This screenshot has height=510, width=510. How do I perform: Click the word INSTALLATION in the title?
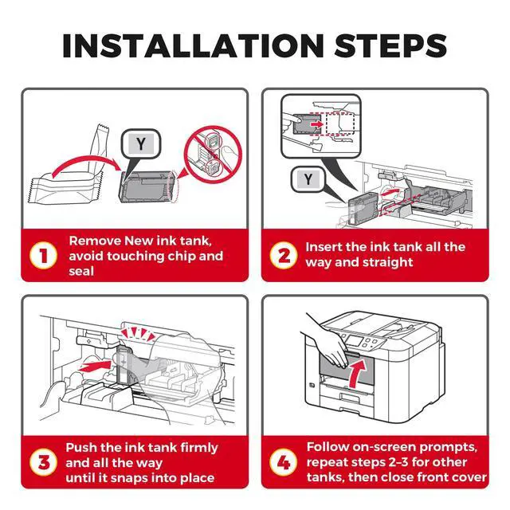193,45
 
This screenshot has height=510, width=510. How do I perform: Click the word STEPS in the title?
390,45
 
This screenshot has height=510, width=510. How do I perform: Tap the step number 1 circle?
43,255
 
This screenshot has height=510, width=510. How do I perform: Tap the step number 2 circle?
284,255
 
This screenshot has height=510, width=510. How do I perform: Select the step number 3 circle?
43,462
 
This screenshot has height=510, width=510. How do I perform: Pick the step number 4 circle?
284,462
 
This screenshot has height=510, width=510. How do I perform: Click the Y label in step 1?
141,143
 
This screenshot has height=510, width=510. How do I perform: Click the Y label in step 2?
308,179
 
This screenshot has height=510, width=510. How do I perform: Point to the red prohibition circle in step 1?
213,155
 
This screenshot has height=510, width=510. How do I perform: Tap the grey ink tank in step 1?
147,186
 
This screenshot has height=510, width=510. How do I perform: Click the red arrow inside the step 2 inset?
316,124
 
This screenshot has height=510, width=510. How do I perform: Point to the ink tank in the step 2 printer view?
363,208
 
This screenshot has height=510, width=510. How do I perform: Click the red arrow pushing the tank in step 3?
95,365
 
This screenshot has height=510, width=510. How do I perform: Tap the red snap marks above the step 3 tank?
137,334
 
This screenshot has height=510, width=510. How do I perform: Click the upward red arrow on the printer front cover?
358,374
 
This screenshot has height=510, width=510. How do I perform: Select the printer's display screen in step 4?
354,341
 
